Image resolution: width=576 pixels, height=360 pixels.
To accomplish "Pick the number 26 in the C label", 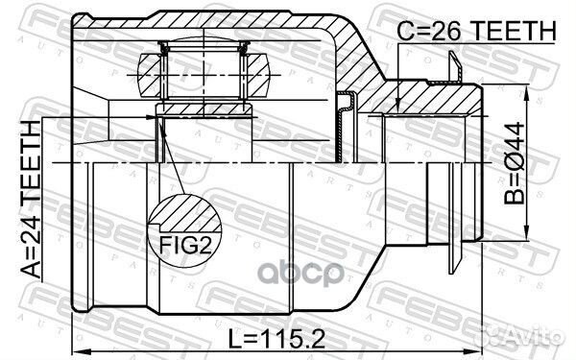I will (453, 32).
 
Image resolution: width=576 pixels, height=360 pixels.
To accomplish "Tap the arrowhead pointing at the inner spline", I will (153, 117).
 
